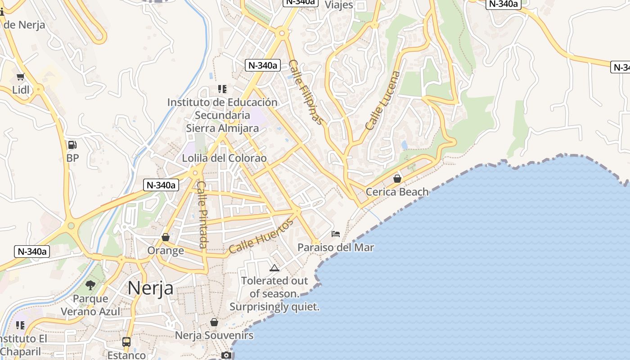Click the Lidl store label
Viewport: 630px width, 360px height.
pyautogui.click(x=21, y=90)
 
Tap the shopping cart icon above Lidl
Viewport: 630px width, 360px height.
pyautogui.click(x=20, y=77)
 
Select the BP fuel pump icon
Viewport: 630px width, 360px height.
pyautogui.click(x=72, y=145)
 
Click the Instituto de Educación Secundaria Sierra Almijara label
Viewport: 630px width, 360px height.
pyautogui.click(x=222, y=115)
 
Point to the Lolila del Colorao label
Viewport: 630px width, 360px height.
pyautogui.click(x=224, y=158)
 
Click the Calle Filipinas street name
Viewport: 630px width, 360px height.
pyautogui.click(x=306, y=92)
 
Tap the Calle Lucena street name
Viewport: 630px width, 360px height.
pyautogui.click(x=382, y=101)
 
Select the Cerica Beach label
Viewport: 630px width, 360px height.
pyautogui.click(x=397, y=192)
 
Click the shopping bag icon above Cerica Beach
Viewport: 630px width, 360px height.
pyautogui.click(x=397, y=179)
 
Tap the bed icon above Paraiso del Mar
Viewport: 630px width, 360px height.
pyautogui.click(x=336, y=234)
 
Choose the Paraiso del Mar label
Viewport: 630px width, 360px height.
pyautogui.click(x=336, y=247)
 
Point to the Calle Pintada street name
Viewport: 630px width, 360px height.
pyautogui.click(x=202, y=215)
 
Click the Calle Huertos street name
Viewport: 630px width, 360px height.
pyautogui.click(x=261, y=238)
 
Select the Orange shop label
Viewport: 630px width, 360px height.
pyautogui.click(x=166, y=251)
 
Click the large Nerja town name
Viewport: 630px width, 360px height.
pyautogui.click(x=150, y=288)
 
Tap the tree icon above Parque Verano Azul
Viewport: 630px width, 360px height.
pyautogui.click(x=90, y=285)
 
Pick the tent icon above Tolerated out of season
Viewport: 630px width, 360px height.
pyautogui.click(x=274, y=268)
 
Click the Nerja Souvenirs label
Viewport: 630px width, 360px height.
pyautogui.click(x=214, y=336)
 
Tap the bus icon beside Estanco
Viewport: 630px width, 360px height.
pyautogui.click(x=126, y=342)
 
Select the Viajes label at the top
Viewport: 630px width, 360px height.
pyautogui.click(x=338, y=5)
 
